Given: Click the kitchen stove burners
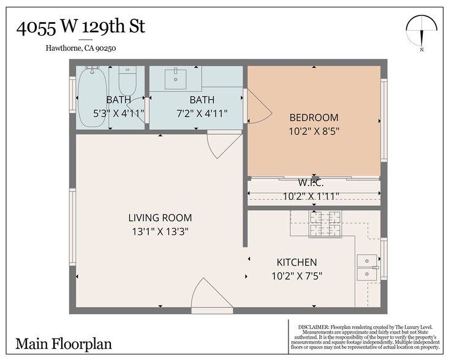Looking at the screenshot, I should coord(326,223).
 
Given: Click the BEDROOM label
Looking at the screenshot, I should coord(314,117).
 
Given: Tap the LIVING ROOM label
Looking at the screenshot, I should coord(160,217).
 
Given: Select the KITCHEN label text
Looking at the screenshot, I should coord(296,262).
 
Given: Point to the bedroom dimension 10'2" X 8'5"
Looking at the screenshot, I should coord(314,130).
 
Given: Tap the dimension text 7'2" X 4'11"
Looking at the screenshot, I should coord(201,113).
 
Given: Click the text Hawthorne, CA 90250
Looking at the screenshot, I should coord(80,49).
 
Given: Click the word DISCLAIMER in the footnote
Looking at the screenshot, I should coord(313,326).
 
